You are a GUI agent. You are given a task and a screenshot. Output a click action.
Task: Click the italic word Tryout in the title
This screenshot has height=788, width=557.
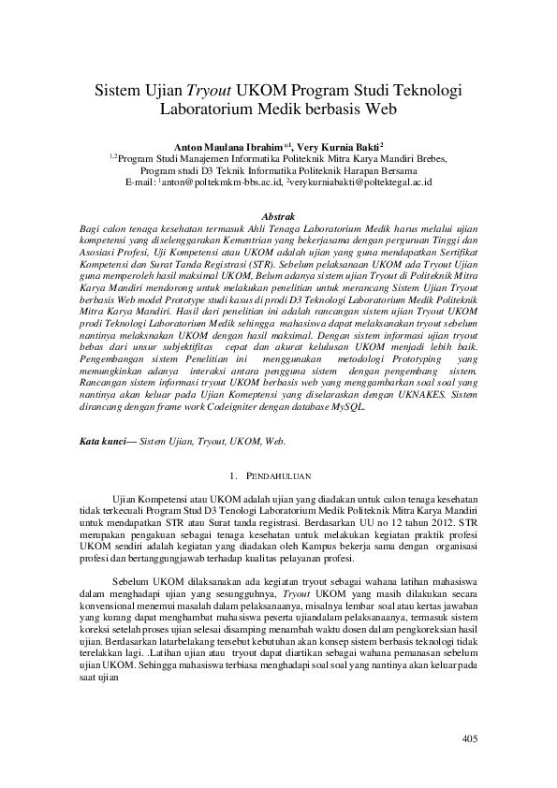point(213,91)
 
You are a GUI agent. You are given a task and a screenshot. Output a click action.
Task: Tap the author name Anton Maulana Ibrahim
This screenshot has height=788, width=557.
point(235,148)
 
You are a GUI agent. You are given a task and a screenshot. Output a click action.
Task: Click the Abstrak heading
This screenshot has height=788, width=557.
point(278,216)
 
